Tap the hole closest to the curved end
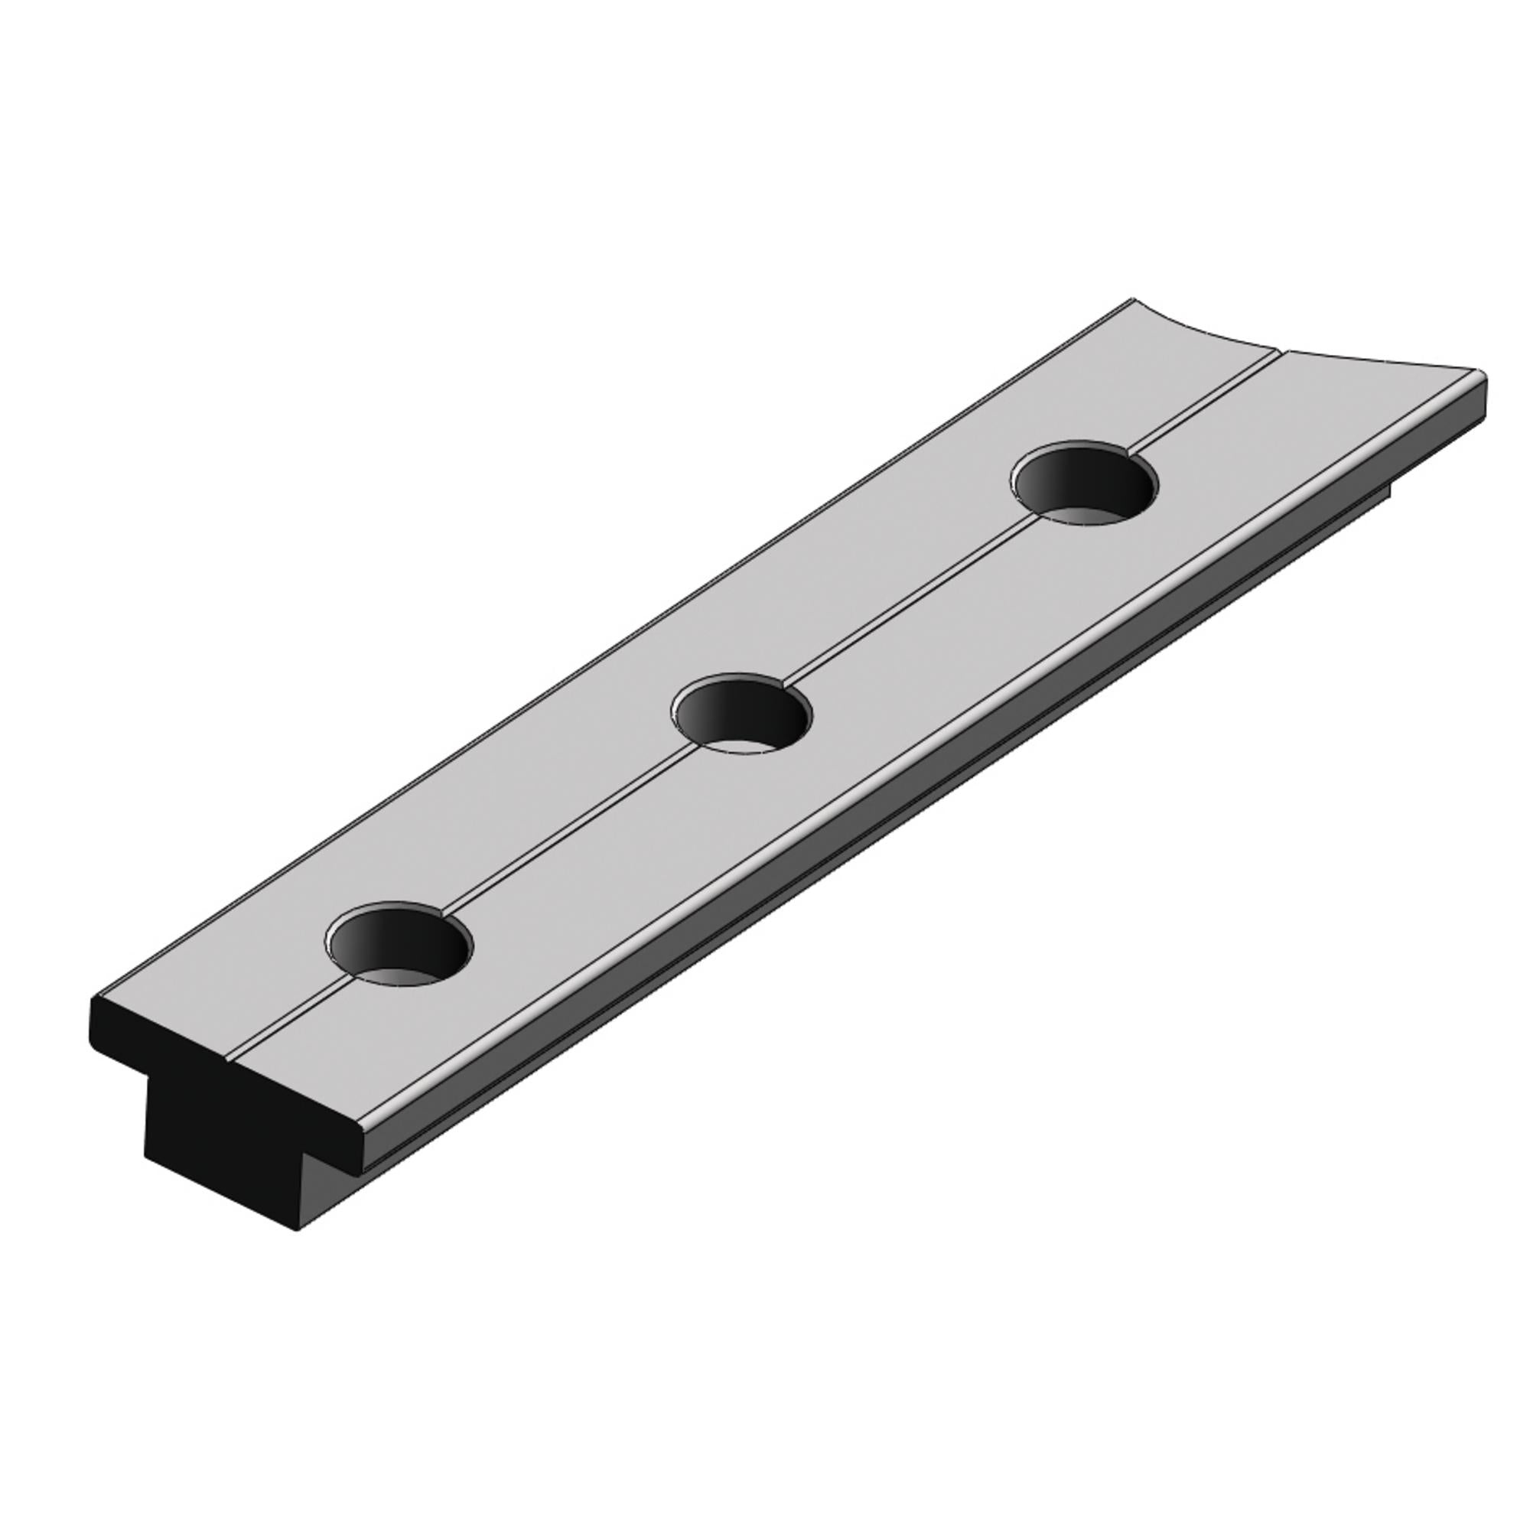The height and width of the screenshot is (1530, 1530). point(1082,484)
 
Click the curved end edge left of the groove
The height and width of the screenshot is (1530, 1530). point(1203,333)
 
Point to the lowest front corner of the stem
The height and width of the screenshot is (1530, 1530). point(298,1232)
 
